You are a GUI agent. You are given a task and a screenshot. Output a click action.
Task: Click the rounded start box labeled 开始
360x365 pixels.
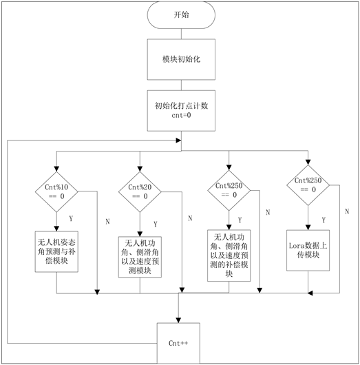(181, 15)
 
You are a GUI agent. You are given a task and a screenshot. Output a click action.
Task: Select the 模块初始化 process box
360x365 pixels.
(181, 59)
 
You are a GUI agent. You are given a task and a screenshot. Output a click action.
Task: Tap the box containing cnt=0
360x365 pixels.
(181, 111)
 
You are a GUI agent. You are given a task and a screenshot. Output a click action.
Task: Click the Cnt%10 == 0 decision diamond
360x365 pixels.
(56, 191)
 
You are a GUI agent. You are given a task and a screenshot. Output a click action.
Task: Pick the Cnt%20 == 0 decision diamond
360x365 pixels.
(140, 191)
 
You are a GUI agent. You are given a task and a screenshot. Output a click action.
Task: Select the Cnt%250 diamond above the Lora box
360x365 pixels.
(308, 185)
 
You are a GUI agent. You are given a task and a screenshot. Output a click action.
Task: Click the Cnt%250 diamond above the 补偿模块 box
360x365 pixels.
(229, 190)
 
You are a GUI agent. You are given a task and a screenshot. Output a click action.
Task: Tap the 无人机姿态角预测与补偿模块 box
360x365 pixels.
(56, 251)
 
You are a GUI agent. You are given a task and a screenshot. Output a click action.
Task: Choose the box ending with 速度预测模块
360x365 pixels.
(140, 257)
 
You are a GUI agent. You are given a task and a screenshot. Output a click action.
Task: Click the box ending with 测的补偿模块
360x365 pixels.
(229, 255)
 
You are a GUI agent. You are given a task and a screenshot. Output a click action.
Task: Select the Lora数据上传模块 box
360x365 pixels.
(308, 251)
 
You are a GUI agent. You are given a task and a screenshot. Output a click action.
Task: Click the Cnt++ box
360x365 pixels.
(178, 343)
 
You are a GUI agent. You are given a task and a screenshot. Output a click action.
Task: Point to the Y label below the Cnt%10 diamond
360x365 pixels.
(71, 218)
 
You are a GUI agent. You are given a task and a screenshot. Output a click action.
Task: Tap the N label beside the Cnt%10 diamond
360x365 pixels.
(107, 221)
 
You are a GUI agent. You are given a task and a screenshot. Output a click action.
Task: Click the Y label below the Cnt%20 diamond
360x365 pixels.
(156, 224)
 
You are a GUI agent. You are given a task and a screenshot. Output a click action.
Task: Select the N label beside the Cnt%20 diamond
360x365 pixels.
(190, 218)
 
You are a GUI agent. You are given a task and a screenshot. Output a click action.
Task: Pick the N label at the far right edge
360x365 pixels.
(347, 211)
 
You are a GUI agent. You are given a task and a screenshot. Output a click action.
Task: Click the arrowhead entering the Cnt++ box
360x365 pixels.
(178, 320)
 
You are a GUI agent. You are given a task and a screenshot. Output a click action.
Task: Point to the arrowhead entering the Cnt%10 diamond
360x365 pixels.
(56, 169)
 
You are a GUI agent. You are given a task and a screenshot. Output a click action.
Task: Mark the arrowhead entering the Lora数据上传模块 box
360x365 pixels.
(308, 227)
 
